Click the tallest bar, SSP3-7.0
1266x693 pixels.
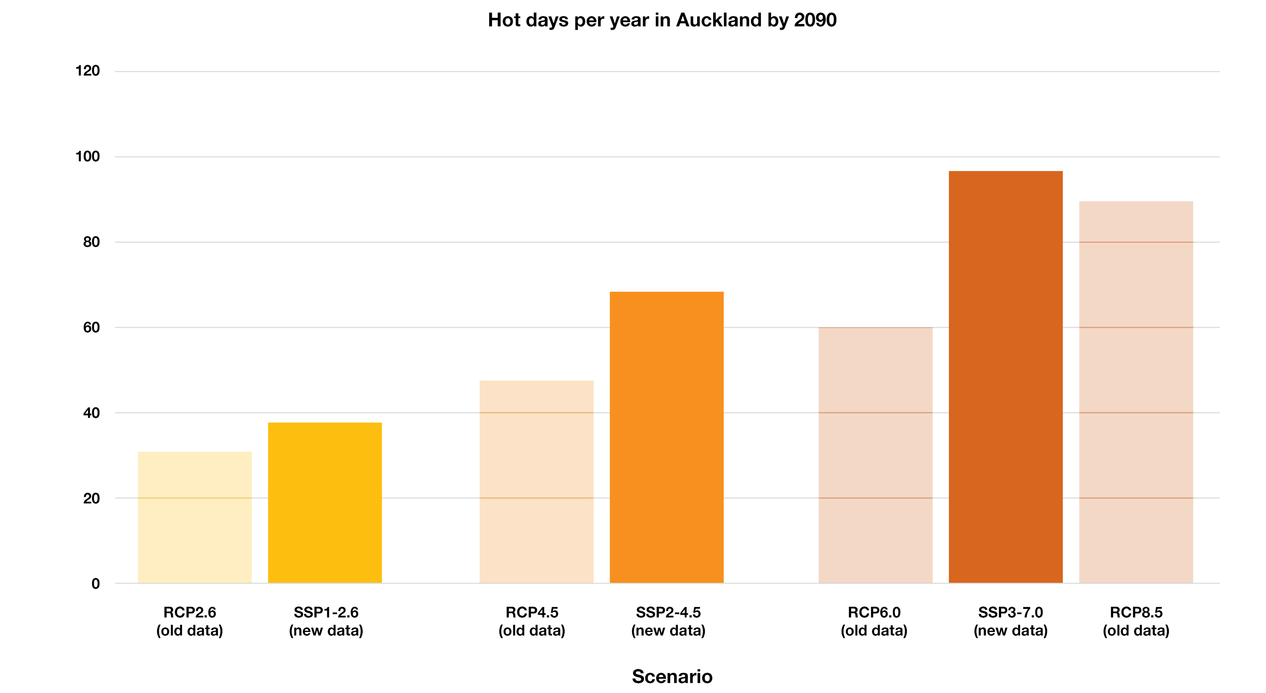click(1005, 377)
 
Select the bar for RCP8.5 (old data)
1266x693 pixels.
click(1136, 392)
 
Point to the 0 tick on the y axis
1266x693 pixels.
click(95, 584)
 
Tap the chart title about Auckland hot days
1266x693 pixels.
click(662, 20)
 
